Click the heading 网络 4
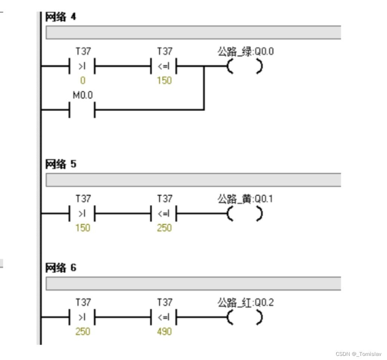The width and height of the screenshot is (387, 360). coord(61,17)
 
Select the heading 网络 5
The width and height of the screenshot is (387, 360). coord(61,164)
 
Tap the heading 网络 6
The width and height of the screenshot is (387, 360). coord(61,268)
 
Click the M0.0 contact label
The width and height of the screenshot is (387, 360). coord(83,96)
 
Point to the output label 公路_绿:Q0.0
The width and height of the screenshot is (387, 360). coord(245,52)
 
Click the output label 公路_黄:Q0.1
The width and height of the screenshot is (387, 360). coord(245,199)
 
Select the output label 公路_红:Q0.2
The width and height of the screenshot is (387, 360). coord(245,302)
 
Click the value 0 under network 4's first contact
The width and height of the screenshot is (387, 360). coord(83,80)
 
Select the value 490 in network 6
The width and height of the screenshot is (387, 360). coord(164,332)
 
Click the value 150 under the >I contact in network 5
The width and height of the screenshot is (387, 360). coord(83,228)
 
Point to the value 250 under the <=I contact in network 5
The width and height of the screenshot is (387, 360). coord(164,228)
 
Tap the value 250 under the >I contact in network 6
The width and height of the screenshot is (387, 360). coord(83,332)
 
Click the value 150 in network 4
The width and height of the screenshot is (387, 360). coord(164,80)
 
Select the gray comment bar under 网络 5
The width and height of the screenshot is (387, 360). coord(193,180)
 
